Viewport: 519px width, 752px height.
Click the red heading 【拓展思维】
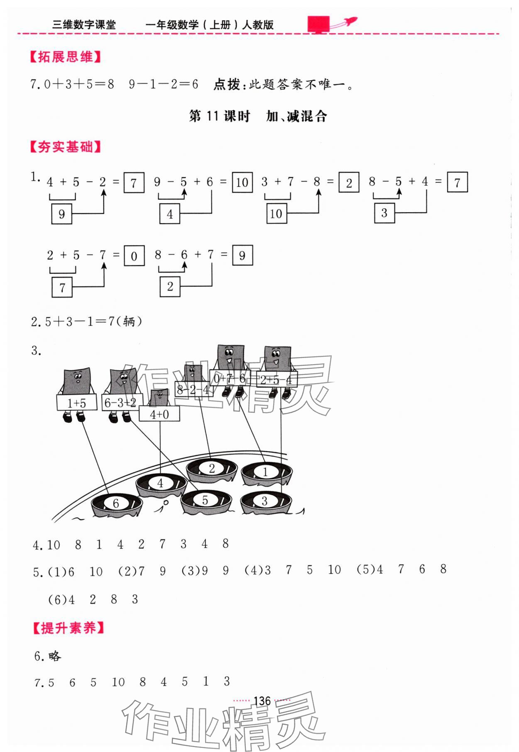point(65,57)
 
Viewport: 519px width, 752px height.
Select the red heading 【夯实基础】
point(65,147)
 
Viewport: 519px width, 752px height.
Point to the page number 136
point(262,701)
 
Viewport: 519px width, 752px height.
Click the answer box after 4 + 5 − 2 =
point(134,183)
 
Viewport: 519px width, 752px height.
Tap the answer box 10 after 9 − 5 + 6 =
point(242,183)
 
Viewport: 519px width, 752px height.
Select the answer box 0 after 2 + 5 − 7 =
point(134,256)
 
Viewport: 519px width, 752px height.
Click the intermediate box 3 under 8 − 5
point(384,213)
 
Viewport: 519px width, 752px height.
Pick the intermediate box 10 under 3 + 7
point(276,214)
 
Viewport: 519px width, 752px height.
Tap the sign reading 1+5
point(77,403)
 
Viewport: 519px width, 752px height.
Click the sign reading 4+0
point(159,414)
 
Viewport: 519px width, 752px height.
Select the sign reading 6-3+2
point(120,403)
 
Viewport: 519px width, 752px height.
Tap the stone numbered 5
point(206,501)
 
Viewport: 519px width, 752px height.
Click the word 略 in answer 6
point(54,656)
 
